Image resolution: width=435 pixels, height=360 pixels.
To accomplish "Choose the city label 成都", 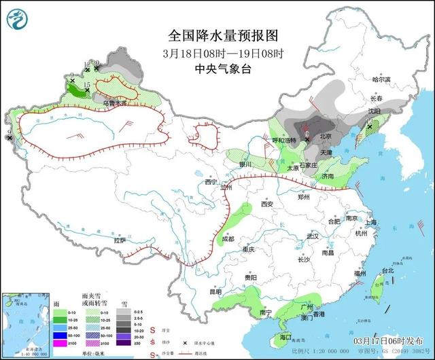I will coord(227,238).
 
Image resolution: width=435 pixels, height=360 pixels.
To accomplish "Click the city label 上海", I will coord(370,222).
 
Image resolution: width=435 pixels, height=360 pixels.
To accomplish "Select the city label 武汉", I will coord(312,236).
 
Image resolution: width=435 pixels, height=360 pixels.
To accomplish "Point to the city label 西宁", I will coord(211,182).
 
